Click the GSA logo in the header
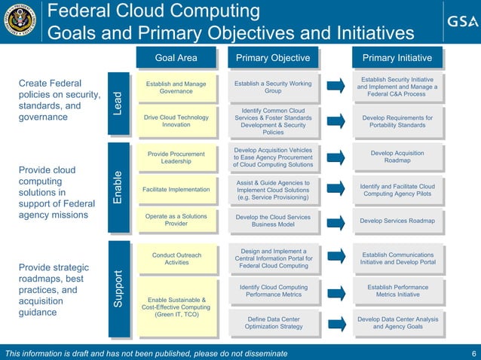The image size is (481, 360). click(x=458, y=21)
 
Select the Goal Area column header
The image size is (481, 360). click(x=176, y=58)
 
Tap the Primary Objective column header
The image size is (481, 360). click(x=273, y=58)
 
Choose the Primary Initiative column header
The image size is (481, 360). click(x=397, y=58)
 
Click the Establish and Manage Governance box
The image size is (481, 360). click(x=176, y=87)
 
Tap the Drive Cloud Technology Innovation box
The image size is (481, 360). click(x=176, y=121)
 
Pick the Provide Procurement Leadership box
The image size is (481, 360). click(x=176, y=157)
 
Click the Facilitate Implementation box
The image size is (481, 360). click(x=176, y=190)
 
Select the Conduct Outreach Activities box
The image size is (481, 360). click(x=176, y=259)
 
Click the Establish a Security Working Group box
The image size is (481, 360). click(x=273, y=87)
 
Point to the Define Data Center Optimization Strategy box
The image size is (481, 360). click(x=273, y=323)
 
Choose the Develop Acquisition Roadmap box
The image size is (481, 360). click(x=397, y=157)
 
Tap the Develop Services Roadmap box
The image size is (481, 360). click(x=397, y=221)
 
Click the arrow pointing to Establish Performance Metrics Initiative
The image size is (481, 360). click(x=338, y=291)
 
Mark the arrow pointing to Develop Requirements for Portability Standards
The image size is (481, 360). click(x=338, y=121)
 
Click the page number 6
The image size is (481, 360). click(x=473, y=354)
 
